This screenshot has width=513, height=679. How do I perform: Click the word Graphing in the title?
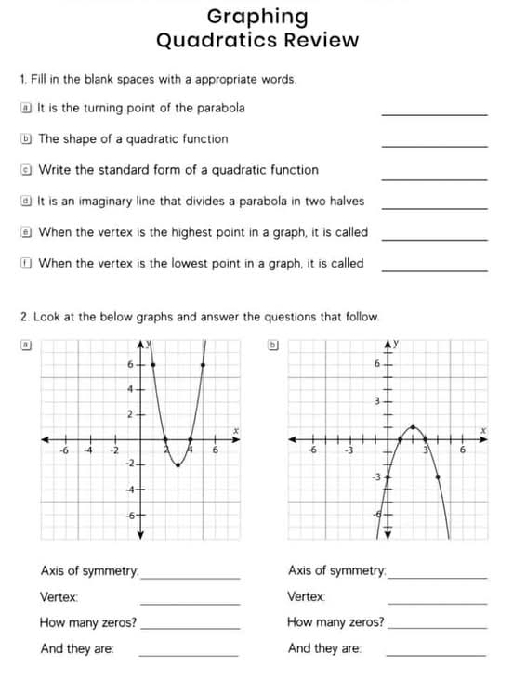point(257,17)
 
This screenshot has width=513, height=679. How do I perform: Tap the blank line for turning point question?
point(434,113)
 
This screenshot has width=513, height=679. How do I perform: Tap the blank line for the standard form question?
point(434,176)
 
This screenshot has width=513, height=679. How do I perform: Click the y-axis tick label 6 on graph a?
point(131,364)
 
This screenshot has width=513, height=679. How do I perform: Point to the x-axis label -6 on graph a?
point(63,450)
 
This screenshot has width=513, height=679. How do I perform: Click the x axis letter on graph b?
point(483,428)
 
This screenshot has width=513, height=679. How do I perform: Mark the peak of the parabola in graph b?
point(415,426)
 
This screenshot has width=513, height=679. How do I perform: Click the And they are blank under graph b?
point(435,654)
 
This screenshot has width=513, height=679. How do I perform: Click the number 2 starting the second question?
point(23,317)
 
